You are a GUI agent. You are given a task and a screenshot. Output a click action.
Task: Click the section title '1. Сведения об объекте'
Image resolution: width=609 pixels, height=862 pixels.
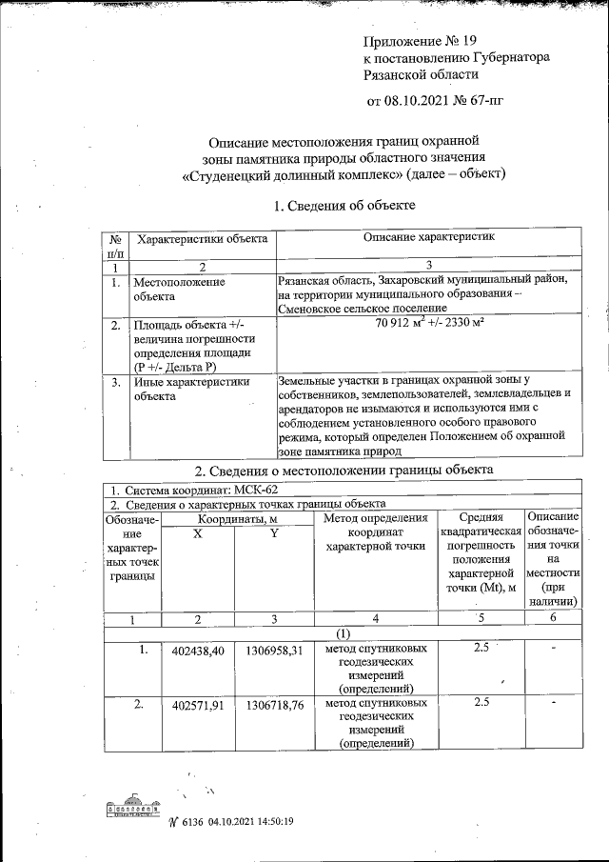[x=344, y=205]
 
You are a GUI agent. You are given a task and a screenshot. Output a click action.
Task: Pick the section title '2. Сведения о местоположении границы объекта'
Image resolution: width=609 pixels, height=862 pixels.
[x=344, y=471]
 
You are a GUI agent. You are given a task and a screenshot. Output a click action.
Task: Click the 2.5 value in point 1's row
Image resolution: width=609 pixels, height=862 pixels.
[x=481, y=649]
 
